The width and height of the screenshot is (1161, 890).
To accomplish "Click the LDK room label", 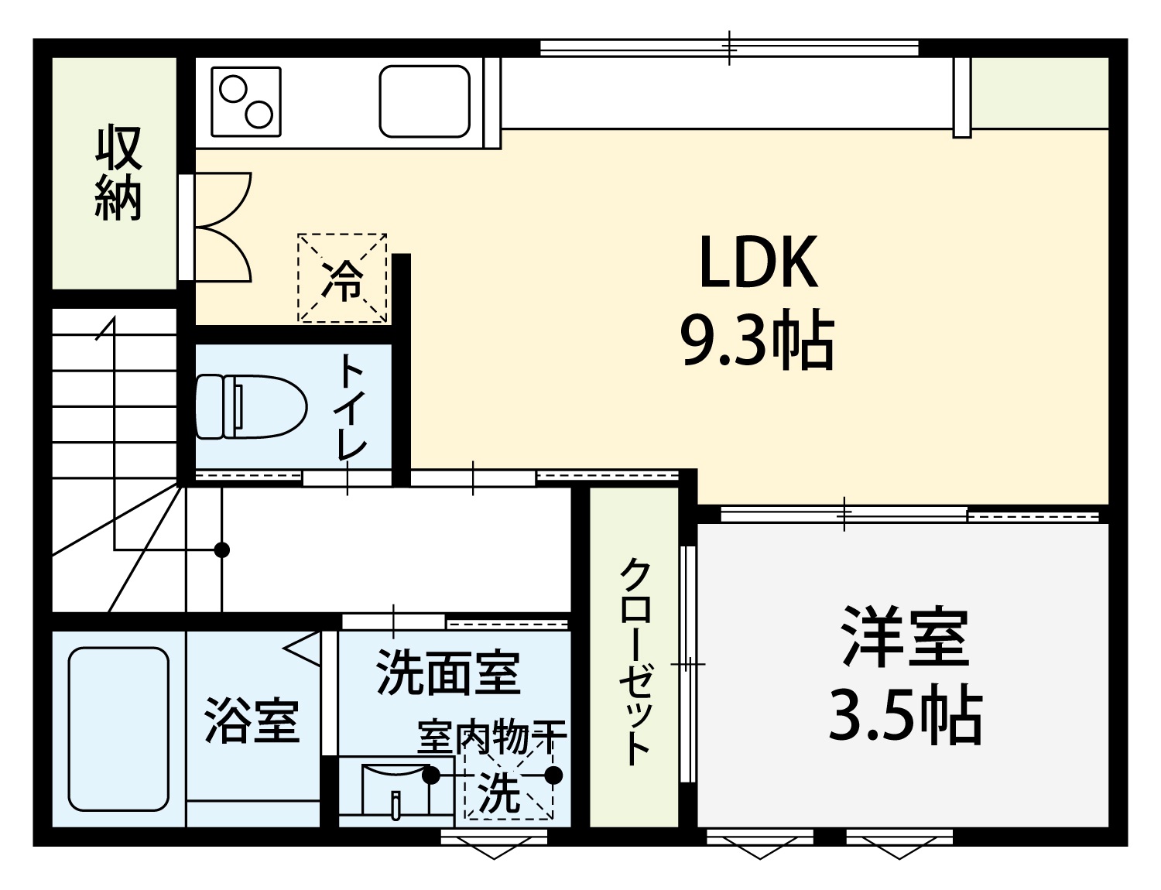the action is click(x=759, y=262).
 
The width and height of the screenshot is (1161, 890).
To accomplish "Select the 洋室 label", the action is click(x=906, y=635).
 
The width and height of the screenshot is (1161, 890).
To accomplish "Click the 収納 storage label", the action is click(x=118, y=173).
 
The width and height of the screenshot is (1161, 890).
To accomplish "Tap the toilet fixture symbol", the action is click(x=251, y=406).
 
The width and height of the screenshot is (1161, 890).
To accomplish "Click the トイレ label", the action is click(x=352, y=406).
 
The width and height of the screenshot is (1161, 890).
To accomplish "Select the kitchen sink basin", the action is click(x=425, y=101).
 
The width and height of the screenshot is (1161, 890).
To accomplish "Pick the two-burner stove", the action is click(x=246, y=101).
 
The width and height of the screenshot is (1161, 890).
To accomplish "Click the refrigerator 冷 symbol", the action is click(x=342, y=279).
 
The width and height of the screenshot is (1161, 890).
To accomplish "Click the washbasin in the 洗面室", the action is click(x=396, y=792).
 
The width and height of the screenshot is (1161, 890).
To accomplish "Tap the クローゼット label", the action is click(x=635, y=662).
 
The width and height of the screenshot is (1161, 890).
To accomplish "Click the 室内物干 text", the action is click(x=492, y=737).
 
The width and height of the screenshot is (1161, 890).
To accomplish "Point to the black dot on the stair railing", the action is click(x=221, y=549).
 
